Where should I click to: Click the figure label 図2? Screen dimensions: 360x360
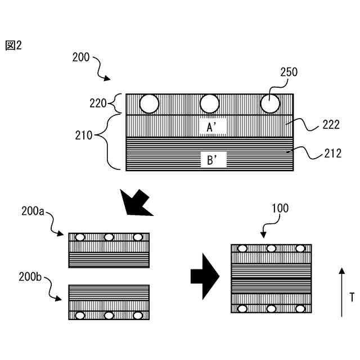click(13, 46)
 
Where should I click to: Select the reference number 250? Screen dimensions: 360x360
click(289, 72)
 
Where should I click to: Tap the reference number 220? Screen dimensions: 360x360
click(98, 103)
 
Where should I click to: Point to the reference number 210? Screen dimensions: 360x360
click(85, 135)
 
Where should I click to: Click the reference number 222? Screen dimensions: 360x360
click(331, 125)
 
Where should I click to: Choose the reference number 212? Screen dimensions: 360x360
click(331, 152)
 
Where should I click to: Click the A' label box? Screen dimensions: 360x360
click(213, 128)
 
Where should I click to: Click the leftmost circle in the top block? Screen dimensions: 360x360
click(150, 103)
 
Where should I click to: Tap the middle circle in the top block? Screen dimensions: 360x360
click(210, 103)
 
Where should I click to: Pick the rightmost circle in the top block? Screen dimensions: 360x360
click(270, 103)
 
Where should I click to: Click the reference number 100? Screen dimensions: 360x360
click(280, 208)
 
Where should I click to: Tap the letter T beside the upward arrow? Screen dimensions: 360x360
click(352, 296)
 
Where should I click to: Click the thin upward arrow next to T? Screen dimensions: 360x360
click(341, 292)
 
